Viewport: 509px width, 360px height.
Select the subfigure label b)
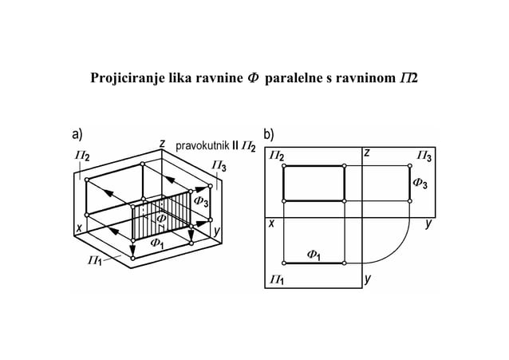pos(270,133)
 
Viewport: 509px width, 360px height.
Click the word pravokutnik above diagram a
pos(201,146)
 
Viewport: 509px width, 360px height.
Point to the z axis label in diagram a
pos(162,144)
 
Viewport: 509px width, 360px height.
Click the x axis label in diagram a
pos(79,228)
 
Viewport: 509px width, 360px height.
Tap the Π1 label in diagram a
pos(94,260)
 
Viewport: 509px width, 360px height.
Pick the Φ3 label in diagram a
pos(202,203)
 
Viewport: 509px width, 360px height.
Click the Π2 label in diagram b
pos(276,156)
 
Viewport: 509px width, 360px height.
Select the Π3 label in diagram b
pos(424,156)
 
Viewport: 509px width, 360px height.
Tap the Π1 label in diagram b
pos(277,279)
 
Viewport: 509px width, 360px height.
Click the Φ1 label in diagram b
pos(313,255)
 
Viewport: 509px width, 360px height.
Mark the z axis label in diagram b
pos(366,152)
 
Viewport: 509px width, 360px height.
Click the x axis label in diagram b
pos(271,224)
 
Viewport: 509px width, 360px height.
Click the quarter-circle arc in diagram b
pos(397,248)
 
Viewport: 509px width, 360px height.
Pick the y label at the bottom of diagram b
pos(367,279)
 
